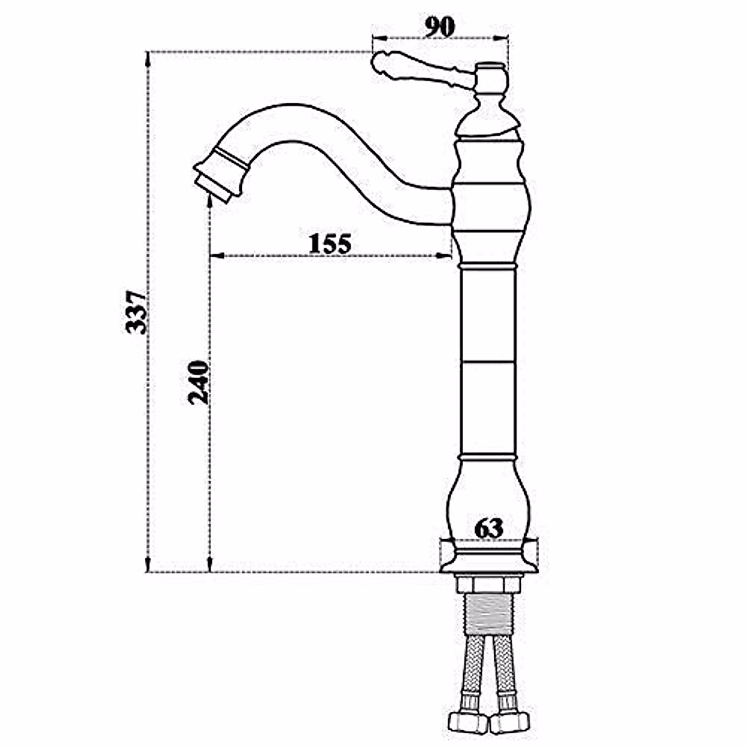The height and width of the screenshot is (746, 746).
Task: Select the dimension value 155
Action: click(330, 243)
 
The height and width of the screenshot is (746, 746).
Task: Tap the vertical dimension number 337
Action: click(136, 312)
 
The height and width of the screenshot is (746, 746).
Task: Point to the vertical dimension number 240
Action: click(198, 382)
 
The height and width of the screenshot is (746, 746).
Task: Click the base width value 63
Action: click(488, 528)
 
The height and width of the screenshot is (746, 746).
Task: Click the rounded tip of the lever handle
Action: click(380, 63)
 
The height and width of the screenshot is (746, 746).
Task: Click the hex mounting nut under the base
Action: click(488, 584)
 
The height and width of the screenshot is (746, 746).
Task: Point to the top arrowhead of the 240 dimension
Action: click(210, 209)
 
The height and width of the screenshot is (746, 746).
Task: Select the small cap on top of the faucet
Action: click(490, 65)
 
